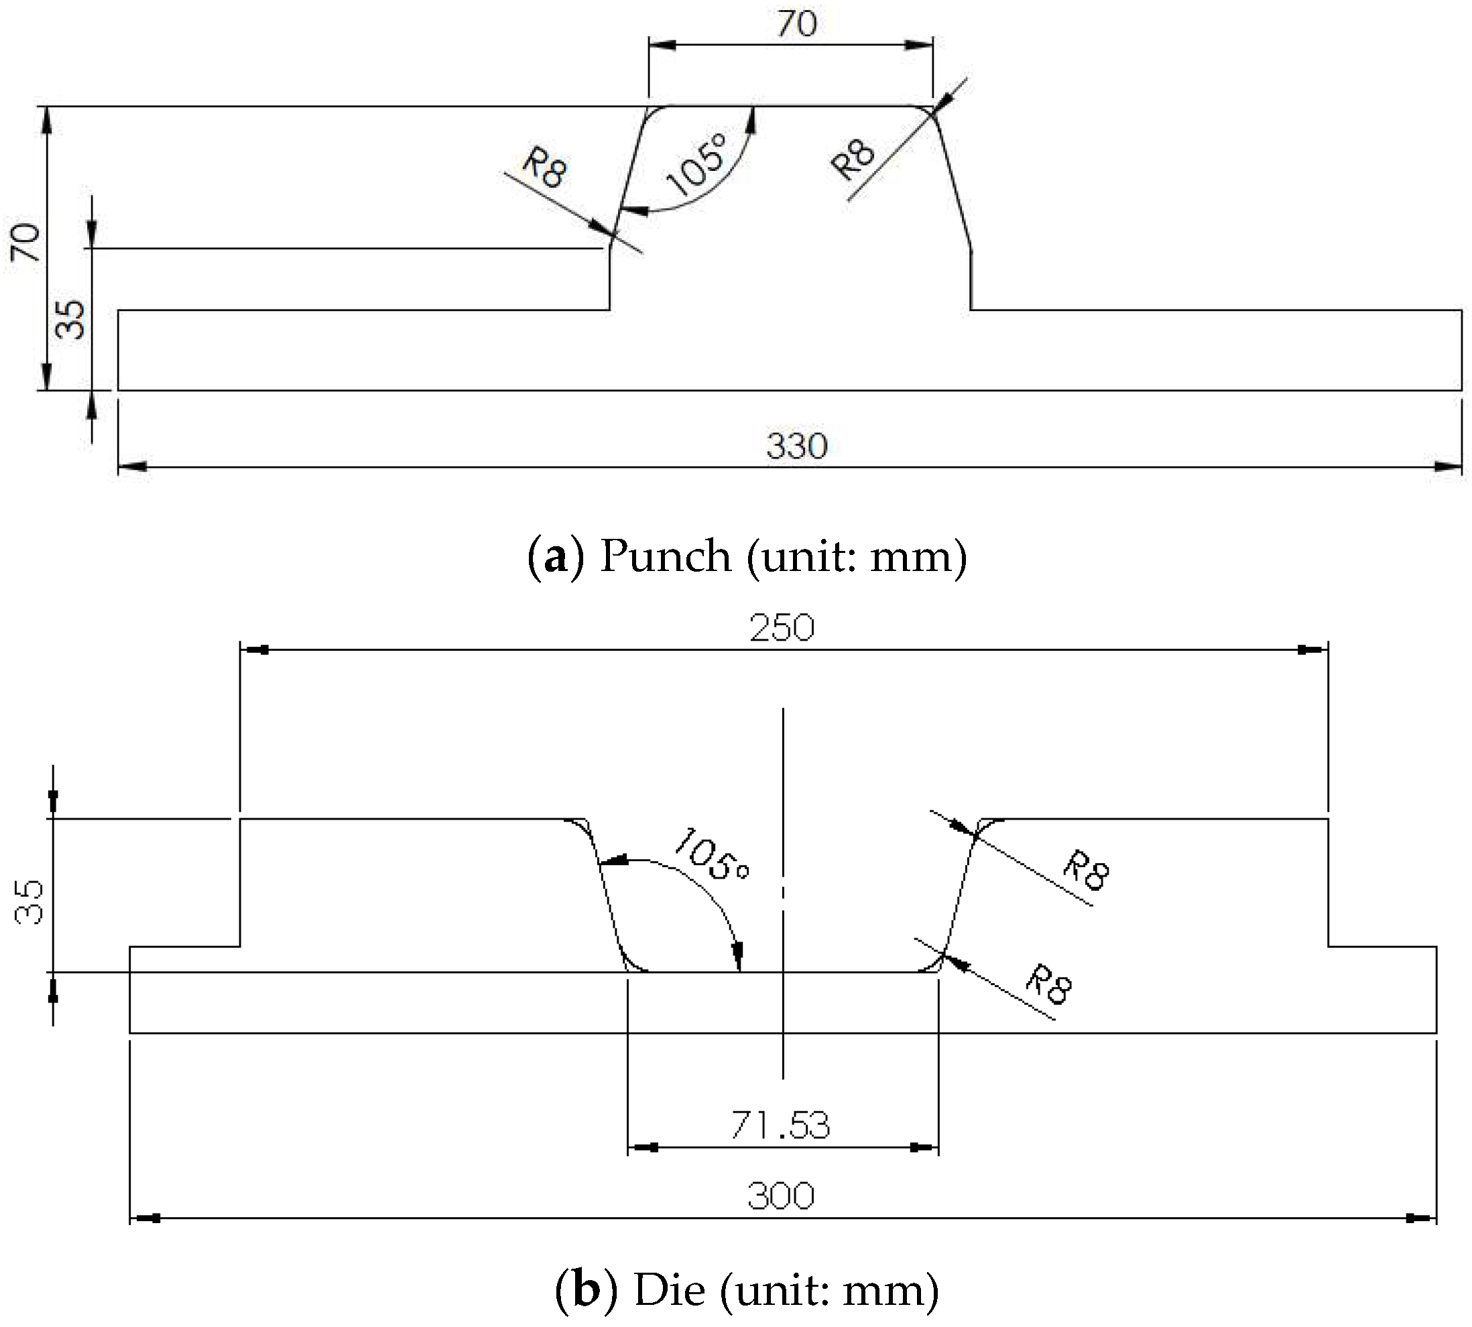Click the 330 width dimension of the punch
click(796, 446)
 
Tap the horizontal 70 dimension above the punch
click(796, 24)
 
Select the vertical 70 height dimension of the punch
click(26, 242)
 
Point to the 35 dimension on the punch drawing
click(72, 320)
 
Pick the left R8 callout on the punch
click(544, 168)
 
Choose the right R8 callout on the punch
click(854, 160)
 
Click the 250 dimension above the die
click(782, 628)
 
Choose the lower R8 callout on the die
click(1048, 985)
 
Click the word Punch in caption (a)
click(665, 556)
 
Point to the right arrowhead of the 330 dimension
click(1448, 466)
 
